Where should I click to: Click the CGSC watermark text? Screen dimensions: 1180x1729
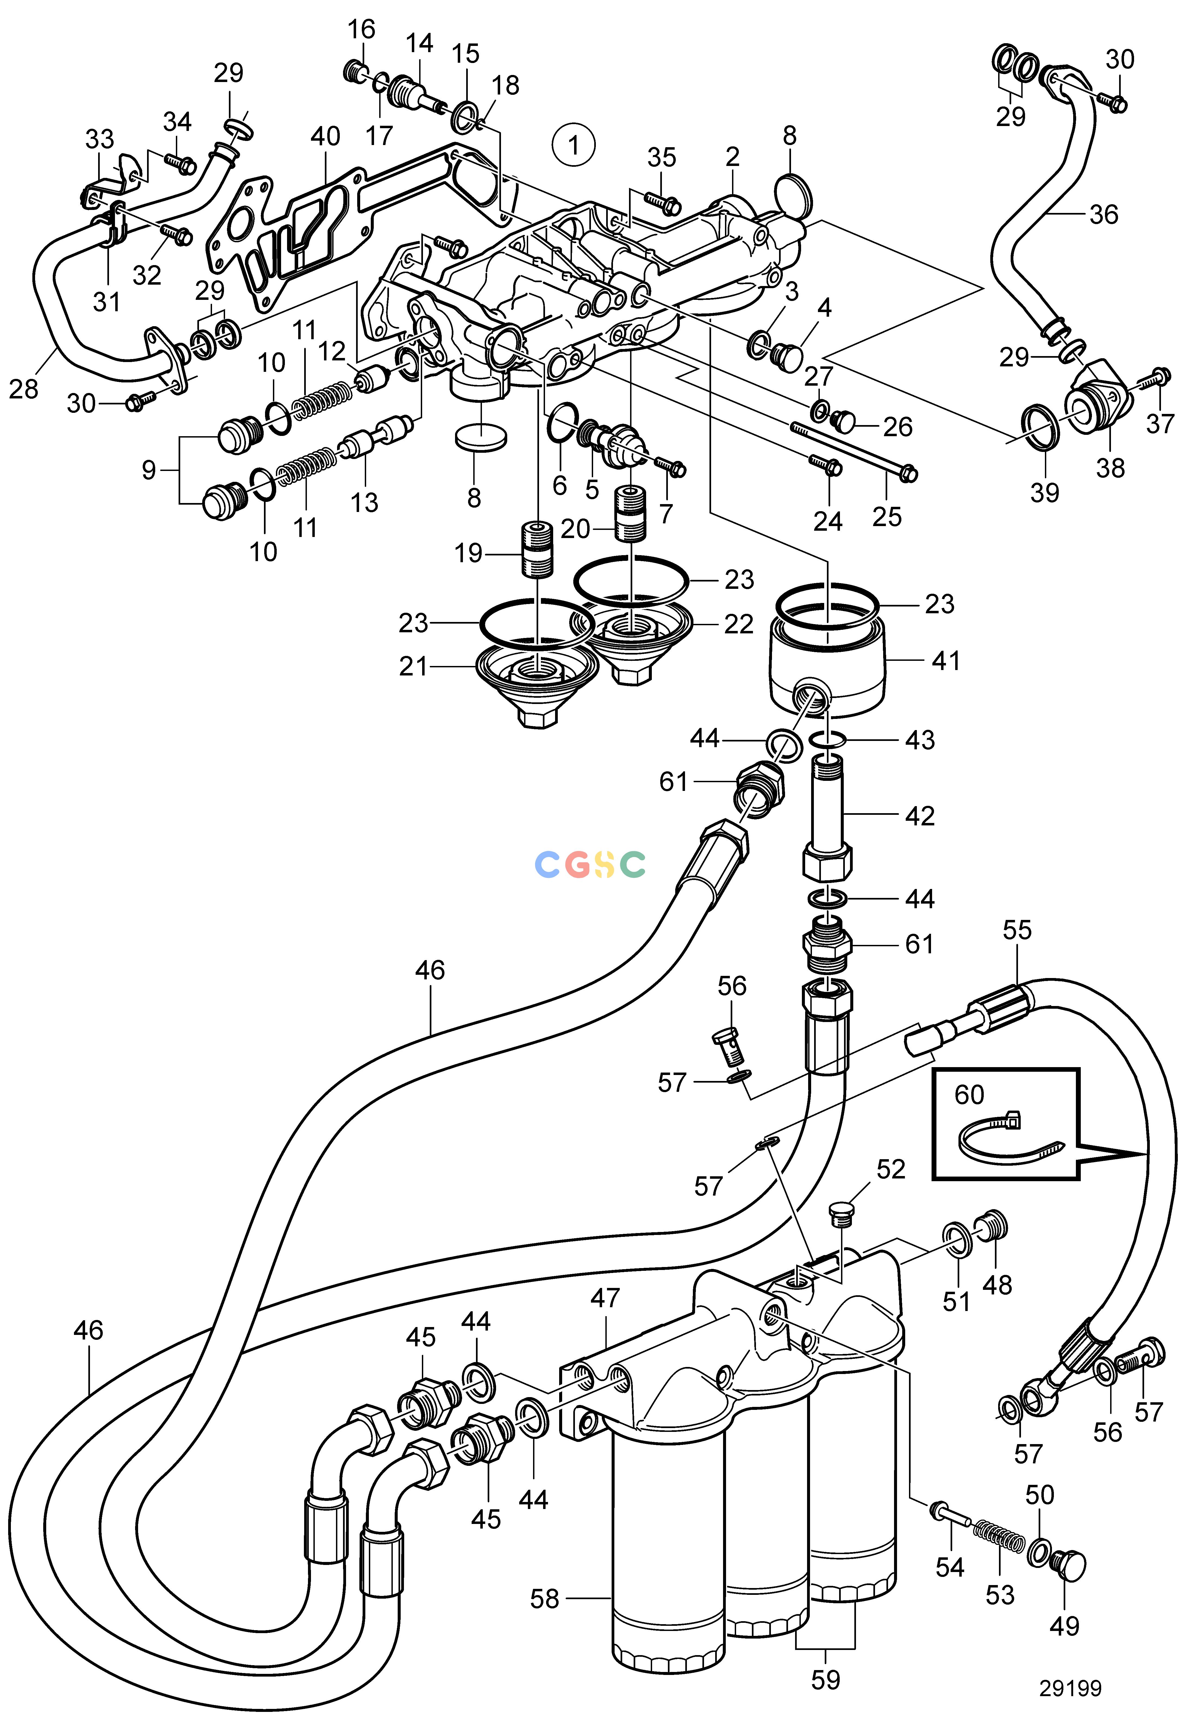pos(590,864)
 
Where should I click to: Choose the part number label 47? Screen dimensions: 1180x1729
pos(605,1298)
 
